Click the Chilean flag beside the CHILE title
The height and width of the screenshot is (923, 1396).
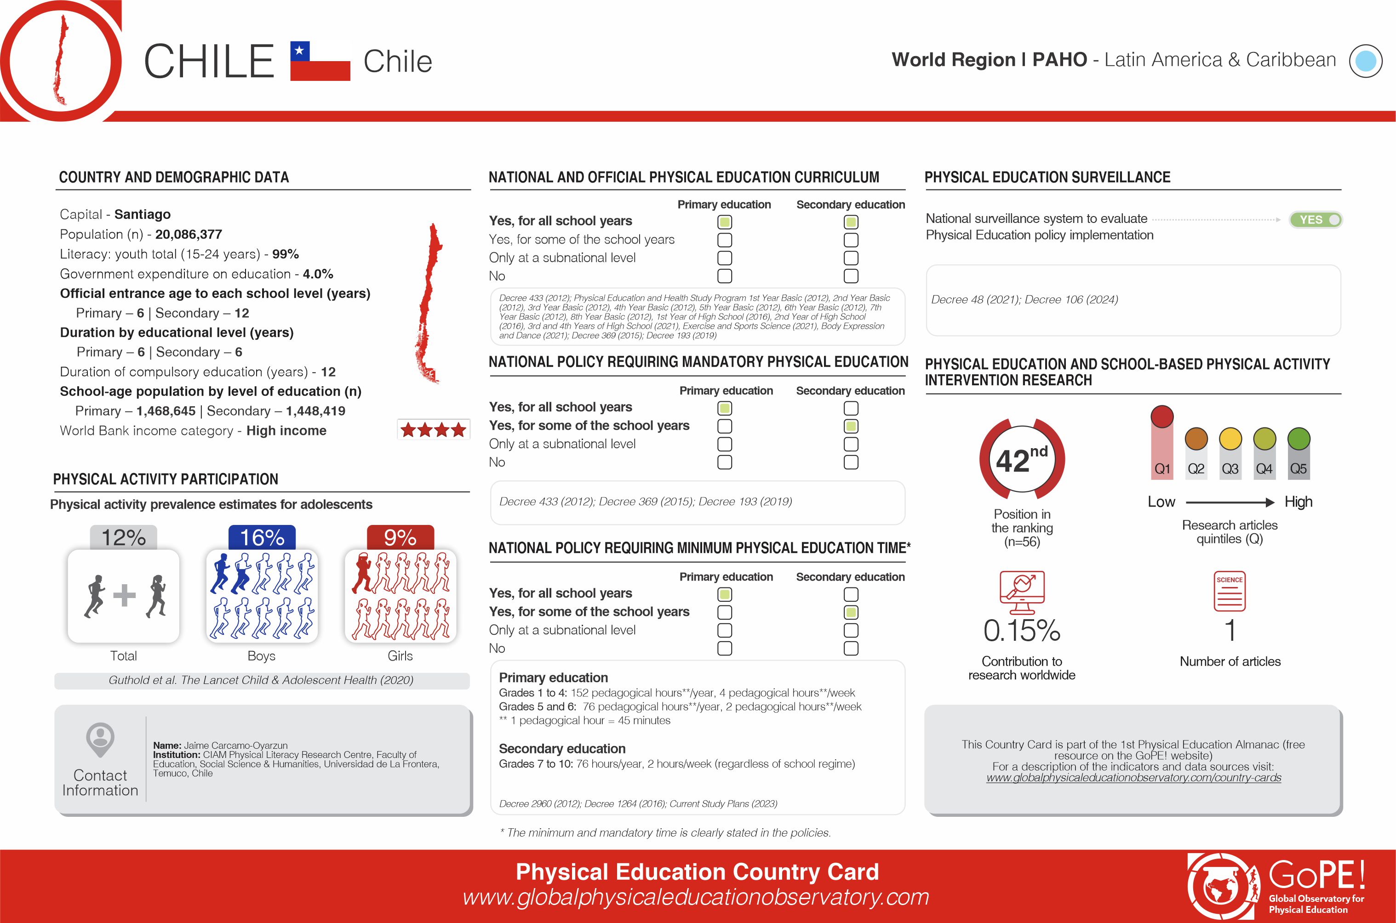(320, 61)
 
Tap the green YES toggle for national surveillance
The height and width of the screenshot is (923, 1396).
(1316, 220)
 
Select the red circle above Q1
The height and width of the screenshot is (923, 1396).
(1161, 416)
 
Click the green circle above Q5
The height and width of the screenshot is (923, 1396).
(1298, 439)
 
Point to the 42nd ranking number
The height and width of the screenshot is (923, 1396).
(1022, 459)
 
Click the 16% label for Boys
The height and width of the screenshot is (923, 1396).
(262, 537)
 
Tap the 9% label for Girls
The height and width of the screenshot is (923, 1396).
(400, 537)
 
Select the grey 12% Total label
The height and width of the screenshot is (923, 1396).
(124, 537)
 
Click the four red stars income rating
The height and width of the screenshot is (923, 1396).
(433, 430)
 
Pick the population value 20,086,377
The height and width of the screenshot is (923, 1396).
(189, 234)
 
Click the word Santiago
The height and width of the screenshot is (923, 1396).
(143, 214)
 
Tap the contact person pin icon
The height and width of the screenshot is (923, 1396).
(100, 739)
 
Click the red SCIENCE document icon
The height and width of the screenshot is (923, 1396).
(1230, 591)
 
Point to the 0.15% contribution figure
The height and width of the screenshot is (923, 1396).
(1022, 631)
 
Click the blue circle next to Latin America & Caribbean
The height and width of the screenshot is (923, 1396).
(1365, 61)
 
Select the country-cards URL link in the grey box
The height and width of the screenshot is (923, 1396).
(1133, 778)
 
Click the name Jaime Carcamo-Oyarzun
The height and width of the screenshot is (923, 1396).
(235, 745)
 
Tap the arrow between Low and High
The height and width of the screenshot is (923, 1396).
(1230, 502)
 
